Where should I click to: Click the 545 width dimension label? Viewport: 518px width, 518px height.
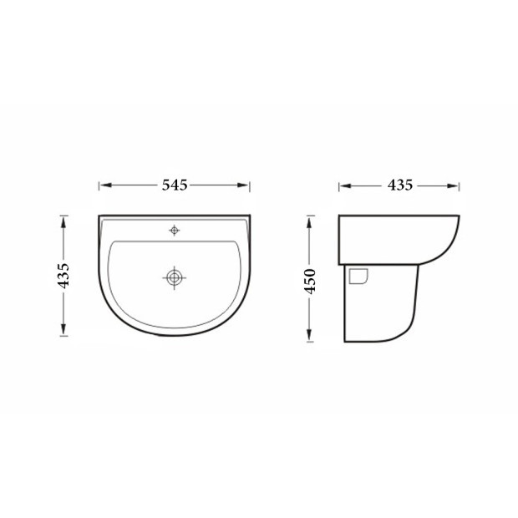(x=175, y=185)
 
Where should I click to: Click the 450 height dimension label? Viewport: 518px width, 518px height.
(x=310, y=281)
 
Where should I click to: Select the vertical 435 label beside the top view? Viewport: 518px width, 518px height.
(x=63, y=276)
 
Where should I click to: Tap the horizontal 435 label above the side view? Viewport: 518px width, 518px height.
(x=400, y=185)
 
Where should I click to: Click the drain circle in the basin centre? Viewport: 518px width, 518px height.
(x=174, y=277)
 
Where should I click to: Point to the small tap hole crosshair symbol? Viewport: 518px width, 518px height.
(x=174, y=231)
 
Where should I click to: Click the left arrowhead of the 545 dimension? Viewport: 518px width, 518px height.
(x=105, y=185)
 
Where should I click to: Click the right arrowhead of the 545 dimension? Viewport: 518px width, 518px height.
(x=243, y=185)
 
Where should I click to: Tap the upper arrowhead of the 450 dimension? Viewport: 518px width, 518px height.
(x=309, y=223)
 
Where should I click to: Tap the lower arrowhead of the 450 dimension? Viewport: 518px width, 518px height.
(x=309, y=335)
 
